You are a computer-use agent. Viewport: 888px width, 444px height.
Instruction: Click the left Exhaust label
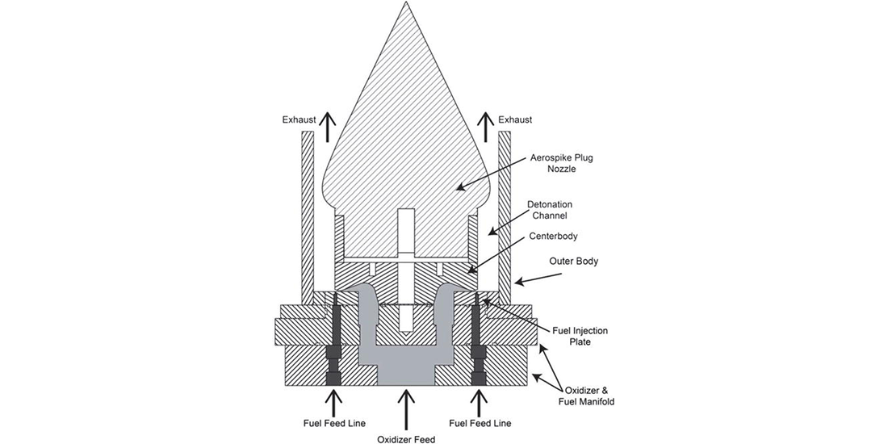coord(299,119)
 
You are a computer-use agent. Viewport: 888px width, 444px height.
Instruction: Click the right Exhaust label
coord(515,119)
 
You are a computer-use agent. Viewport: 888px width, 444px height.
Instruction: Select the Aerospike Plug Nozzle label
coord(552,163)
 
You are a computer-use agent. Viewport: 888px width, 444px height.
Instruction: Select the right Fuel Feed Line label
coord(480,422)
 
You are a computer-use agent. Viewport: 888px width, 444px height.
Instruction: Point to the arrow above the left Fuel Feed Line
coord(334,402)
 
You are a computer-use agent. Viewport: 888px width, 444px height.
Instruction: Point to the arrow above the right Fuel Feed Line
coord(480,402)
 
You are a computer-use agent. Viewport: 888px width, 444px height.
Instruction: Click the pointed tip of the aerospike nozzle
coord(405,2)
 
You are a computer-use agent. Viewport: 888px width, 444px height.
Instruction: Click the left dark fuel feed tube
coord(333,340)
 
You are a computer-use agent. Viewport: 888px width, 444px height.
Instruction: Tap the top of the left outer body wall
coord(308,132)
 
